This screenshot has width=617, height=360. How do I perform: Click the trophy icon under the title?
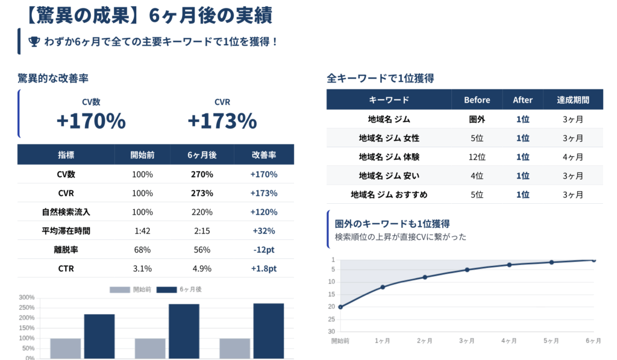point(34,42)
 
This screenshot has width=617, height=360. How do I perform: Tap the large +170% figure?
point(91,121)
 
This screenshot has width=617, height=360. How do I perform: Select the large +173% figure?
point(222,121)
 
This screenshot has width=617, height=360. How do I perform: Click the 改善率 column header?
point(263,155)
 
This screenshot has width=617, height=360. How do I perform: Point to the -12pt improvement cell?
point(263,250)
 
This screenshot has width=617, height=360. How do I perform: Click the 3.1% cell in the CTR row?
point(142,268)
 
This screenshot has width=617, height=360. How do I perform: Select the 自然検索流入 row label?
point(66,212)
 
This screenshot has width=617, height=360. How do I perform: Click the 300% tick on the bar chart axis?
point(27,298)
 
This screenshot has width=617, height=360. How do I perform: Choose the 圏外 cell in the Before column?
point(477,119)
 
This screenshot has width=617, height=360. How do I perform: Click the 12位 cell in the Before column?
point(477,157)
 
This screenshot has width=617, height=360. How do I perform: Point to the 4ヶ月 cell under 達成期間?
point(572,157)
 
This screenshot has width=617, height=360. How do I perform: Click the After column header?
point(522,100)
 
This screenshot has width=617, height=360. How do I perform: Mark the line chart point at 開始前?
point(340,307)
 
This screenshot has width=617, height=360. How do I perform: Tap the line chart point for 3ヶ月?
point(467,270)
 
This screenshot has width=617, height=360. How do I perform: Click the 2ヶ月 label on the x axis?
point(425,341)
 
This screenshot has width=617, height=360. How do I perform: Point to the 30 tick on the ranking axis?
point(331,331)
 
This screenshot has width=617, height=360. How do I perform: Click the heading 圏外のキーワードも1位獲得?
point(392,224)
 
